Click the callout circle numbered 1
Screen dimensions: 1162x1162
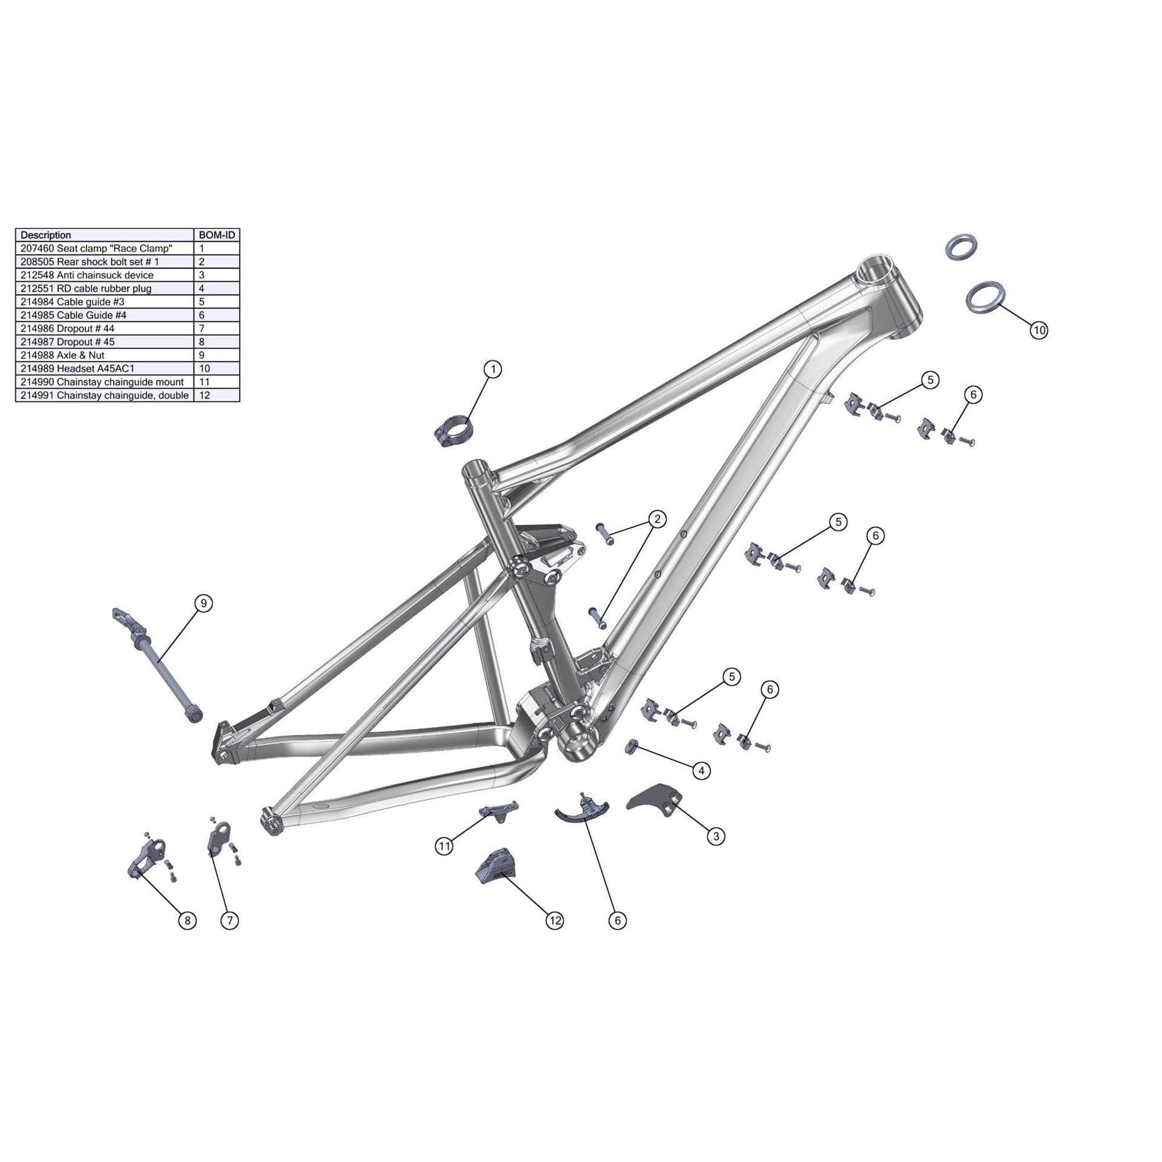(x=493, y=369)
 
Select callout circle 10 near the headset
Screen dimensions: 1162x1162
(x=1039, y=329)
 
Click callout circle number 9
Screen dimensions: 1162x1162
(x=204, y=602)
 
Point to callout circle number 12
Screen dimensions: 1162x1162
(x=554, y=920)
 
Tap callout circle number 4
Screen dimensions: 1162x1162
(x=701, y=770)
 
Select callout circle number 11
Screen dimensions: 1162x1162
(x=444, y=847)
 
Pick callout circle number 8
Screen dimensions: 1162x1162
(x=187, y=920)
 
